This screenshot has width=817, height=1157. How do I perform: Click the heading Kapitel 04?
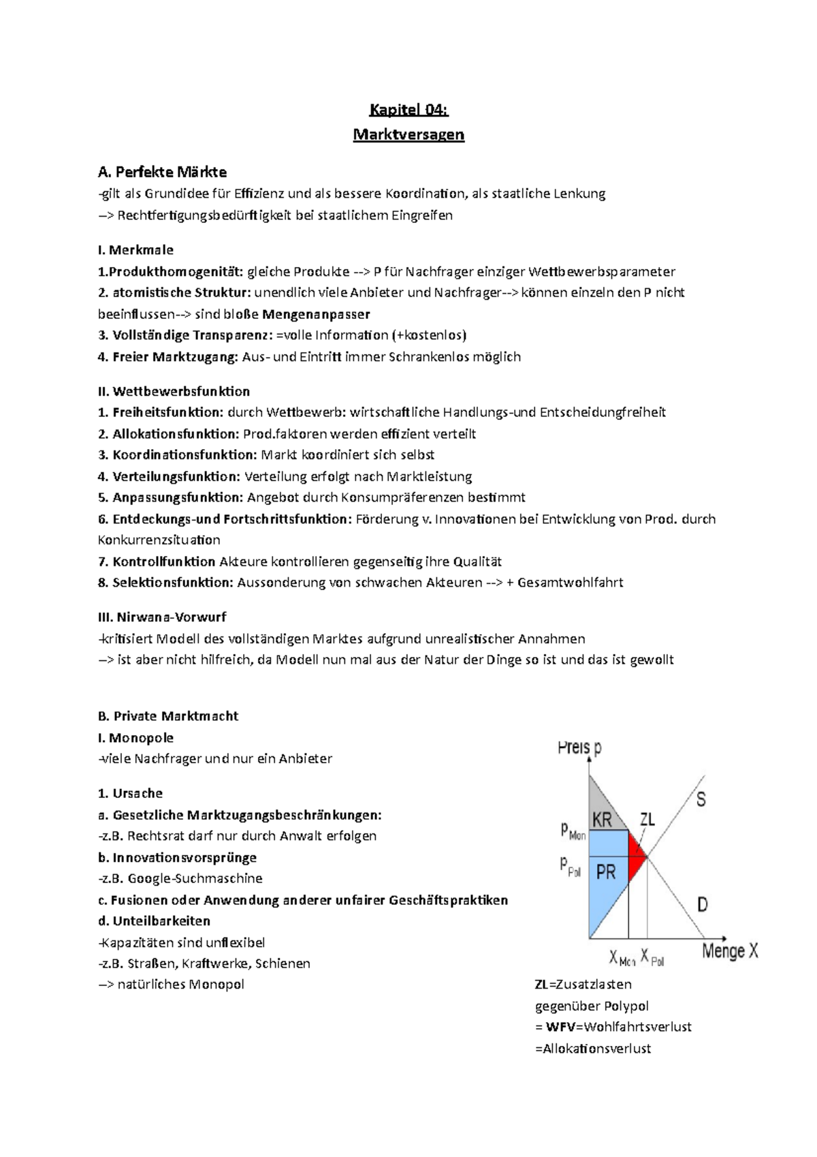pos(408,110)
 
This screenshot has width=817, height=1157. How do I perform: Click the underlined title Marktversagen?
pos(408,134)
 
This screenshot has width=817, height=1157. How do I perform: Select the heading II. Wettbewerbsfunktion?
pos(174,391)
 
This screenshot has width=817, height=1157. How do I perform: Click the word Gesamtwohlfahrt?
pos(570,583)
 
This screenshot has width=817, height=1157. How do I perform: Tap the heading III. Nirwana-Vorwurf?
pos(162,617)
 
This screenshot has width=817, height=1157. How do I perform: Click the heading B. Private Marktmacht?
pos(168,716)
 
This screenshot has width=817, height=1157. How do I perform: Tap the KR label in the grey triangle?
pos(602,820)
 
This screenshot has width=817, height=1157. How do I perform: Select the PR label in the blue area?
pos(605,871)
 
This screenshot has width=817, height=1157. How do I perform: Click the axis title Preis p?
pos(579,748)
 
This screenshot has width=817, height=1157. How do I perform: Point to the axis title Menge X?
pos(729,951)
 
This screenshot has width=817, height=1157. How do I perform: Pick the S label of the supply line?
pos(701,799)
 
